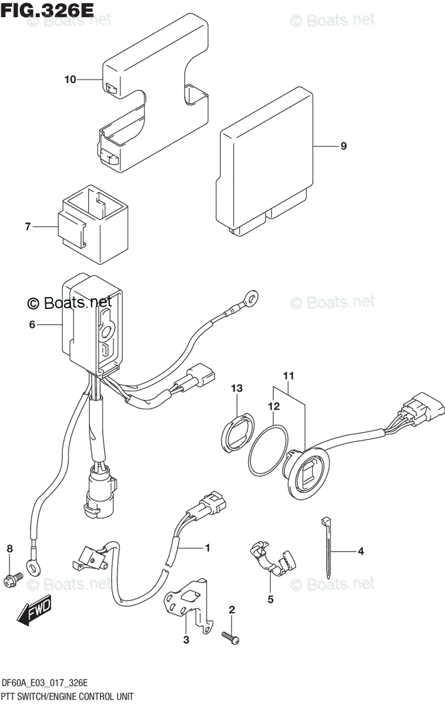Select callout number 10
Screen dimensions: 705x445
tap(70, 79)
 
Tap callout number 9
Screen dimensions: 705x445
tap(343, 146)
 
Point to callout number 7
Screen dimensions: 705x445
tap(27, 226)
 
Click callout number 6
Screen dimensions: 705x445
tap(32, 324)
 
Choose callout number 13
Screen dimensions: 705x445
tap(236, 388)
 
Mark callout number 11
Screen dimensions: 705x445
tap(289, 375)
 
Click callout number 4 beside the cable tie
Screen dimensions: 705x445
tap(361, 551)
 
